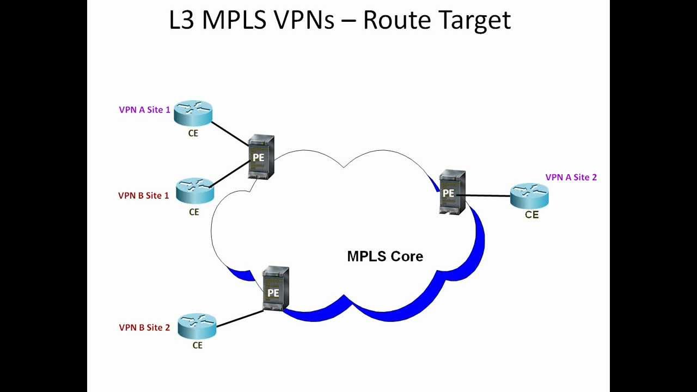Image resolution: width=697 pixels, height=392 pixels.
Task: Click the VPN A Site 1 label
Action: pos(144,110)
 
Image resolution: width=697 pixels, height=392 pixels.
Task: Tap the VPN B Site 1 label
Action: pos(143,195)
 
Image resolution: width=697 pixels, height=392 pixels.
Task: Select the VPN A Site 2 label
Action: pos(571,177)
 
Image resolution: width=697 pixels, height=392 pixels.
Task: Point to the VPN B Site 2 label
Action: pos(144,328)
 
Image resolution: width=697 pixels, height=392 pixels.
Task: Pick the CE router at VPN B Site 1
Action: pos(195,190)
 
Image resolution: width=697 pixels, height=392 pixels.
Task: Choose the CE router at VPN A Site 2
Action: pos(529,195)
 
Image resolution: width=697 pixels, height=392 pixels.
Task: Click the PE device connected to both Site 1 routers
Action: pos(261,157)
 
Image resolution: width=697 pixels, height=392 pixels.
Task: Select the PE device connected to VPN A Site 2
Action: pos(452,193)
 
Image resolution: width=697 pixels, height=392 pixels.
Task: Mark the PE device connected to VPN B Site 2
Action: pos(275,289)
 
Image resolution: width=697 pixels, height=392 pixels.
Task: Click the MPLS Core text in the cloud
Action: pos(385,256)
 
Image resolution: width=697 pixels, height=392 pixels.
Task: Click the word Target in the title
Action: pos(473,20)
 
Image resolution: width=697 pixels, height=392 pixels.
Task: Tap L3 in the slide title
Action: pos(182,20)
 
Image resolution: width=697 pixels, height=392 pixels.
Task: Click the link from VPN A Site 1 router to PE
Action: pos(229,133)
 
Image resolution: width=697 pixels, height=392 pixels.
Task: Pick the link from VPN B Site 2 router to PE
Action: pos(240,319)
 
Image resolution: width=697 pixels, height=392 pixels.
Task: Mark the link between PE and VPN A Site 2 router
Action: pos(487,195)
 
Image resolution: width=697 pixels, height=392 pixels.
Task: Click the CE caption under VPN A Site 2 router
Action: pos(531,215)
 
